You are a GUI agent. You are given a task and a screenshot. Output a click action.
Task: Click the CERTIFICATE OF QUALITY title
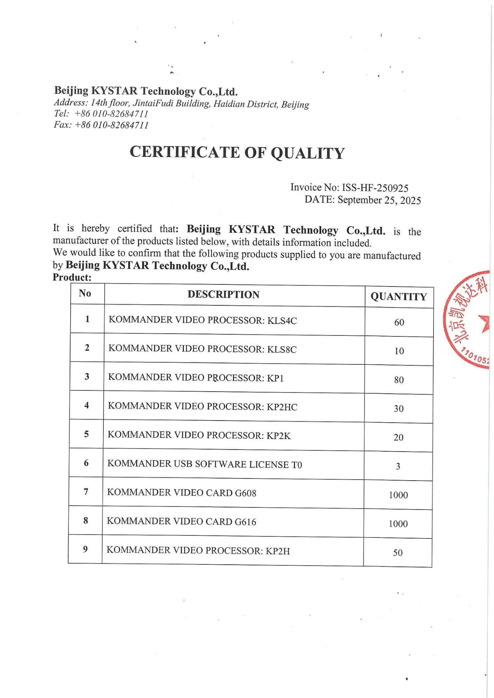[237, 153]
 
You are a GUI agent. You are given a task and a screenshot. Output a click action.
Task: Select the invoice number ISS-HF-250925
[375, 188]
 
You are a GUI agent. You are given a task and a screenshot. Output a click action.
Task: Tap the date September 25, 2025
[379, 200]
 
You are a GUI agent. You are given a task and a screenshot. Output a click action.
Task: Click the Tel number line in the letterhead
[101, 114]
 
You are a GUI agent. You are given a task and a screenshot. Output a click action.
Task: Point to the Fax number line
[101, 125]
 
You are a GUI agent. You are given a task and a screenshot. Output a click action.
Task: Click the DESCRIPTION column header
[224, 295]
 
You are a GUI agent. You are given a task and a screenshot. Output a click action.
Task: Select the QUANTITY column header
[399, 297]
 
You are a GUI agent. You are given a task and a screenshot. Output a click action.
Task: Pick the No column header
[85, 293]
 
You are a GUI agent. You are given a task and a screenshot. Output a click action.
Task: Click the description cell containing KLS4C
[203, 320]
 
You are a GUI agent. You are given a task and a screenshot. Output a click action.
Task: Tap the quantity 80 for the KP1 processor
[399, 380]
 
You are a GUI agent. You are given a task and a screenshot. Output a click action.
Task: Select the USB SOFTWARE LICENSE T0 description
[205, 464]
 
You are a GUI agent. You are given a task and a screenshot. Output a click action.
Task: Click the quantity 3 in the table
[398, 466]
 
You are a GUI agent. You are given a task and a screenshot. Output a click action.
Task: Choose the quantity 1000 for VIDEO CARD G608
[398, 495]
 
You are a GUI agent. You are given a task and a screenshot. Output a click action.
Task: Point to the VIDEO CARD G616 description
[181, 521]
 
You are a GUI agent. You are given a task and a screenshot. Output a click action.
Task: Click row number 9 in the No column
[85, 549]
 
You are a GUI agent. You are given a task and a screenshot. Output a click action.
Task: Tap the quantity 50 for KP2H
[398, 552]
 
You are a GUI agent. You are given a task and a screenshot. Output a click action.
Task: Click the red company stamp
[468, 319]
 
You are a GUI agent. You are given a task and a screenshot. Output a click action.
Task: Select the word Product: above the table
[72, 277]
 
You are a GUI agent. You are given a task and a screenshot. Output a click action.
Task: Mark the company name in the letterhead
[146, 91]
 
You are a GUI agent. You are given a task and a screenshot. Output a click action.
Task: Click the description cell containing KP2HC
[203, 406]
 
